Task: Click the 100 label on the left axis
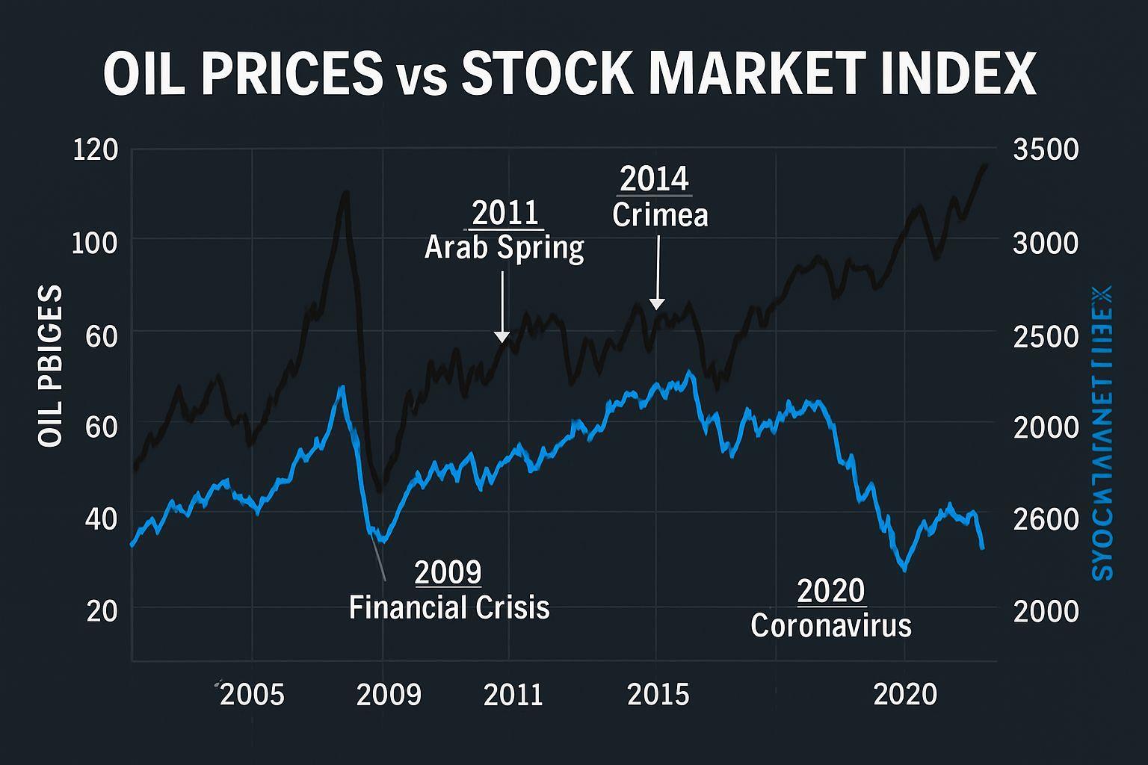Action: click(x=95, y=243)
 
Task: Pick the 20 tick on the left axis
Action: click(x=102, y=611)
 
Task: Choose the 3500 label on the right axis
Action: click(x=1046, y=150)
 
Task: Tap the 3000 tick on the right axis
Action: click(x=1046, y=243)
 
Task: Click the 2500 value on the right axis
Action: click(x=1046, y=336)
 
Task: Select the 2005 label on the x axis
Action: click(x=253, y=695)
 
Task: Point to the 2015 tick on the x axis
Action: click(x=658, y=695)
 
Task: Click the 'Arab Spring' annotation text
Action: click(x=504, y=247)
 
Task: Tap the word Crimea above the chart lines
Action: click(x=660, y=215)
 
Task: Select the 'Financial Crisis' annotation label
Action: click(x=449, y=607)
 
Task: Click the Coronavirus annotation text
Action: click(x=831, y=625)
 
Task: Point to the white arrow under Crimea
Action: click(x=658, y=273)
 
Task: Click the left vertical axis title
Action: click(x=50, y=366)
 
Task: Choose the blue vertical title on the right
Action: click(x=1102, y=433)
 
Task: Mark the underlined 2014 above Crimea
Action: click(x=654, y=180)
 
